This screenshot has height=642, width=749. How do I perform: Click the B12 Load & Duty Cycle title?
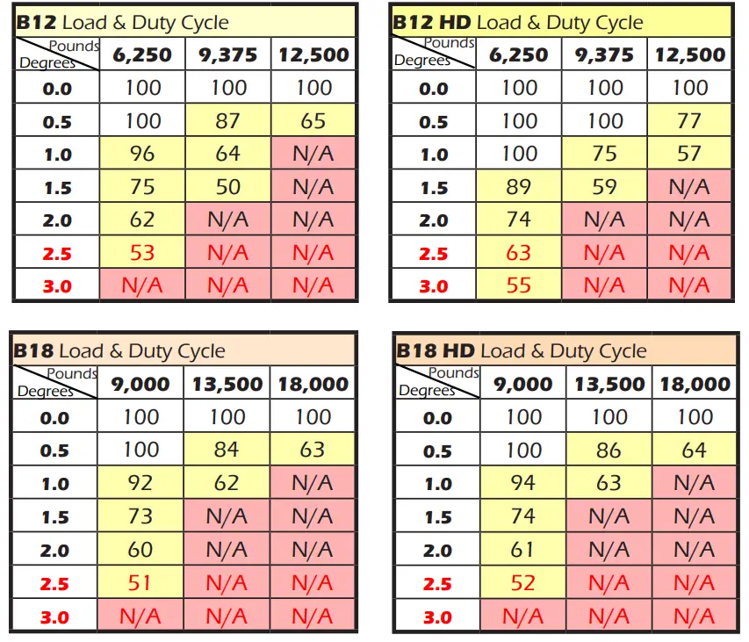[123, 23]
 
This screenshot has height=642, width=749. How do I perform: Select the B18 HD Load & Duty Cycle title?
[521, 351]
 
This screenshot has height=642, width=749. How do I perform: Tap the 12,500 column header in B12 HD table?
[689, 55]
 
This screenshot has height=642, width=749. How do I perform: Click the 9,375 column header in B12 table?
[227, 55]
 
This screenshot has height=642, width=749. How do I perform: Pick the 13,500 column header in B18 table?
[227, 385]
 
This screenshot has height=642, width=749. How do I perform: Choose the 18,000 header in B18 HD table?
[695, 385]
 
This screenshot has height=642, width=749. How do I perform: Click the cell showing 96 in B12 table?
[141, 154]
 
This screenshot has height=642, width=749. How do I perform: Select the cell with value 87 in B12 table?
[227, 121]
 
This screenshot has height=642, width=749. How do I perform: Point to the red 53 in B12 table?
[141, 253]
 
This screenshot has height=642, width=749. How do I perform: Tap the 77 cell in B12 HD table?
[689, 121]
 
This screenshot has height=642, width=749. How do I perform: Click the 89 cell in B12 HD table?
[519, 187]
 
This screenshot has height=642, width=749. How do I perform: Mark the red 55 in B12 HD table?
[519, 285]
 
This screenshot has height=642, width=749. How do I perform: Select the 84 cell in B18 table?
[227, 451]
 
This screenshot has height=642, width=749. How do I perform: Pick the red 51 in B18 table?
[140, 582]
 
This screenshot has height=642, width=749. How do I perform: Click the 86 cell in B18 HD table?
[609, 451]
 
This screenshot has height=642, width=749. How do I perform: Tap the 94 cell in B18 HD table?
[523, 484]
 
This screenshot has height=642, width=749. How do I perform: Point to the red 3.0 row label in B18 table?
[54, 617]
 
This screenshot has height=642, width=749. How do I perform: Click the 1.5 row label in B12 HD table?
[434, 188]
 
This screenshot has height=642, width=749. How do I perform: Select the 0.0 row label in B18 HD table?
[437, 419]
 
